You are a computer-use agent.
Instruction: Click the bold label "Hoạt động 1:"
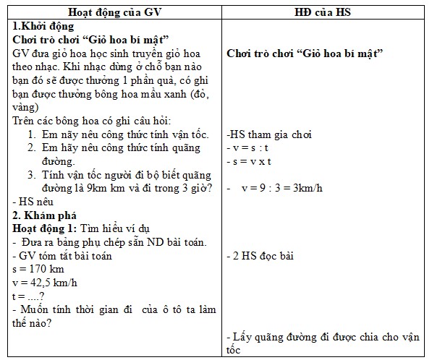45,228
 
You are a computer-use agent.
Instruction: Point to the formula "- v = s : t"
247,148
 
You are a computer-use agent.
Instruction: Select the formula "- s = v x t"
248,161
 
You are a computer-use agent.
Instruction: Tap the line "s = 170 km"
38,269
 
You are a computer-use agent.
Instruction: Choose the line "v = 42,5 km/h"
45,283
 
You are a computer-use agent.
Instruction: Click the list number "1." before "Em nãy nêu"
33,134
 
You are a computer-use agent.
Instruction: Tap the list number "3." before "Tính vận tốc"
33,175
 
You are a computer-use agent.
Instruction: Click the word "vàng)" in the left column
27,107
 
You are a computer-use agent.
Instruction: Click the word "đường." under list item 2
59,161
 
